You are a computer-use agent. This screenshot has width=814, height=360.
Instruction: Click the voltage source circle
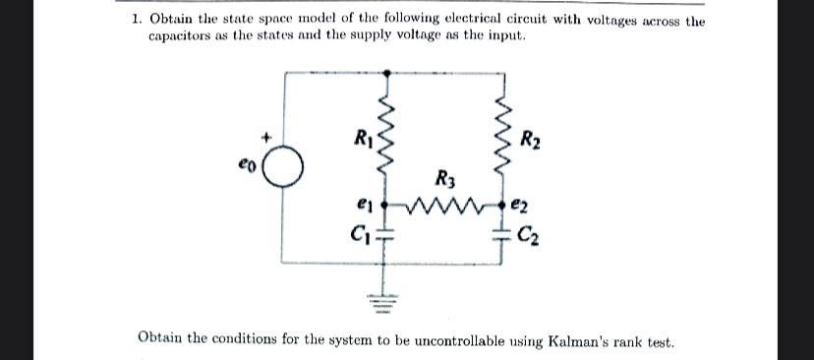(x=283, y=169)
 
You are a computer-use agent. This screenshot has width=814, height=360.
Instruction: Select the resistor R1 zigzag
(x=386, y=135)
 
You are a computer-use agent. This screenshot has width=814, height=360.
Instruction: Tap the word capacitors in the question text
(x=180, y=35)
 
